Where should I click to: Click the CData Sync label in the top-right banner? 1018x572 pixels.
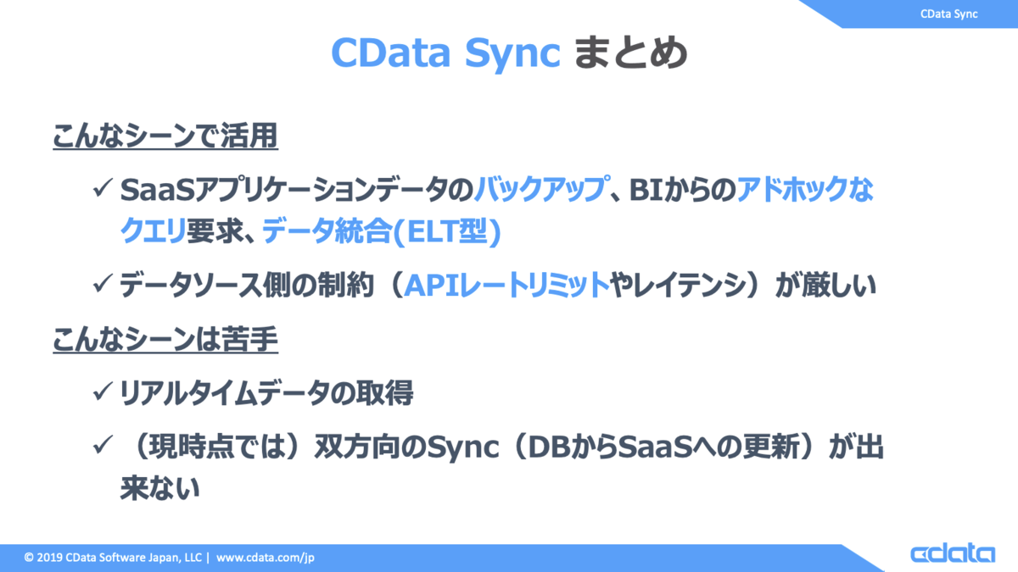click(x=949, y=14)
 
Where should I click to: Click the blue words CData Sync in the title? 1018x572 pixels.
click(x=446, y=53)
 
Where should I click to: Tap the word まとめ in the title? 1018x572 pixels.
click(x=631, y=53)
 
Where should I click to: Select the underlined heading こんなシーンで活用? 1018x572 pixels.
click(x=165, y=136)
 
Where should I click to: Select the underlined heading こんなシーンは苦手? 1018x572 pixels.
click(x=165, y=339)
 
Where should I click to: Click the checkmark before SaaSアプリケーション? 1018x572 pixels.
click(x=103, y=188)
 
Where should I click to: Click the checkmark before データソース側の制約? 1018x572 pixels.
click(x=103, y=284)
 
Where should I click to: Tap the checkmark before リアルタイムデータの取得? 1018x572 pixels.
click(x=103, y=392)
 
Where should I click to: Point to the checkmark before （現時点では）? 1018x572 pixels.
click(x=103, y=445)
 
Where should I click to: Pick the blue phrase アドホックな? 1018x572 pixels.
click(x=805, y=188)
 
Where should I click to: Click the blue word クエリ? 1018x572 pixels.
click(x=153, y=230)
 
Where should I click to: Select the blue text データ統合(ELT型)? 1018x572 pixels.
click(x=381, y=230)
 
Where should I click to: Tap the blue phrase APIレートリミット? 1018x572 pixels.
click(x=506, y=285)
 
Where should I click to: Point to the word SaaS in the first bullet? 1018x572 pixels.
click(x=157, y=189)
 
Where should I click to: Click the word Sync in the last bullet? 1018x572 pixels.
click(x=462, y=448)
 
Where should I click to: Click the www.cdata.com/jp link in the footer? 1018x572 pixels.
click(x=265, y=558)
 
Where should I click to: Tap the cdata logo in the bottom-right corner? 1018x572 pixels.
click(x=953, y=553)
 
